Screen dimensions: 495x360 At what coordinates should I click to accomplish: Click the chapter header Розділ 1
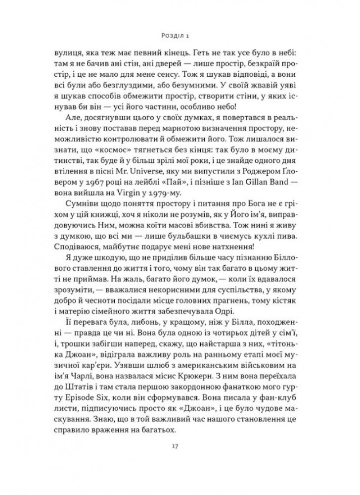180,35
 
